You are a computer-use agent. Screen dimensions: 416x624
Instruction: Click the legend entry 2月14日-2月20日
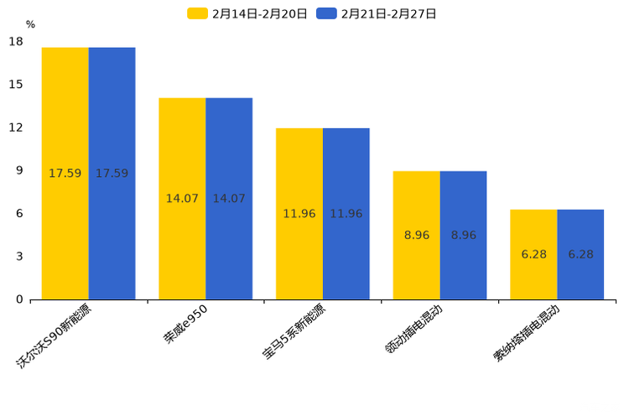pos(248,13)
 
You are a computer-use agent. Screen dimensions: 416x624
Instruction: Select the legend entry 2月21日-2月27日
pos(377,13)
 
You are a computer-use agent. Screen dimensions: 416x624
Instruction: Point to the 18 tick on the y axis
pos(16,42)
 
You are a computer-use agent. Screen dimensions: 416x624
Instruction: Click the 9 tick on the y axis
pos(19,170)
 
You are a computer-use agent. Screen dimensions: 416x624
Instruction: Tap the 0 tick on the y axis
pos(19,299)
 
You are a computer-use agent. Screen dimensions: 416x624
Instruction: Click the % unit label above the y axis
pos(30,24)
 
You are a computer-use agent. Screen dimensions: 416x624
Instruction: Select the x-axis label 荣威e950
pos(186,324)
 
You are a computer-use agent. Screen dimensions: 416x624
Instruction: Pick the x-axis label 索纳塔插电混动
pos(527,334)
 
